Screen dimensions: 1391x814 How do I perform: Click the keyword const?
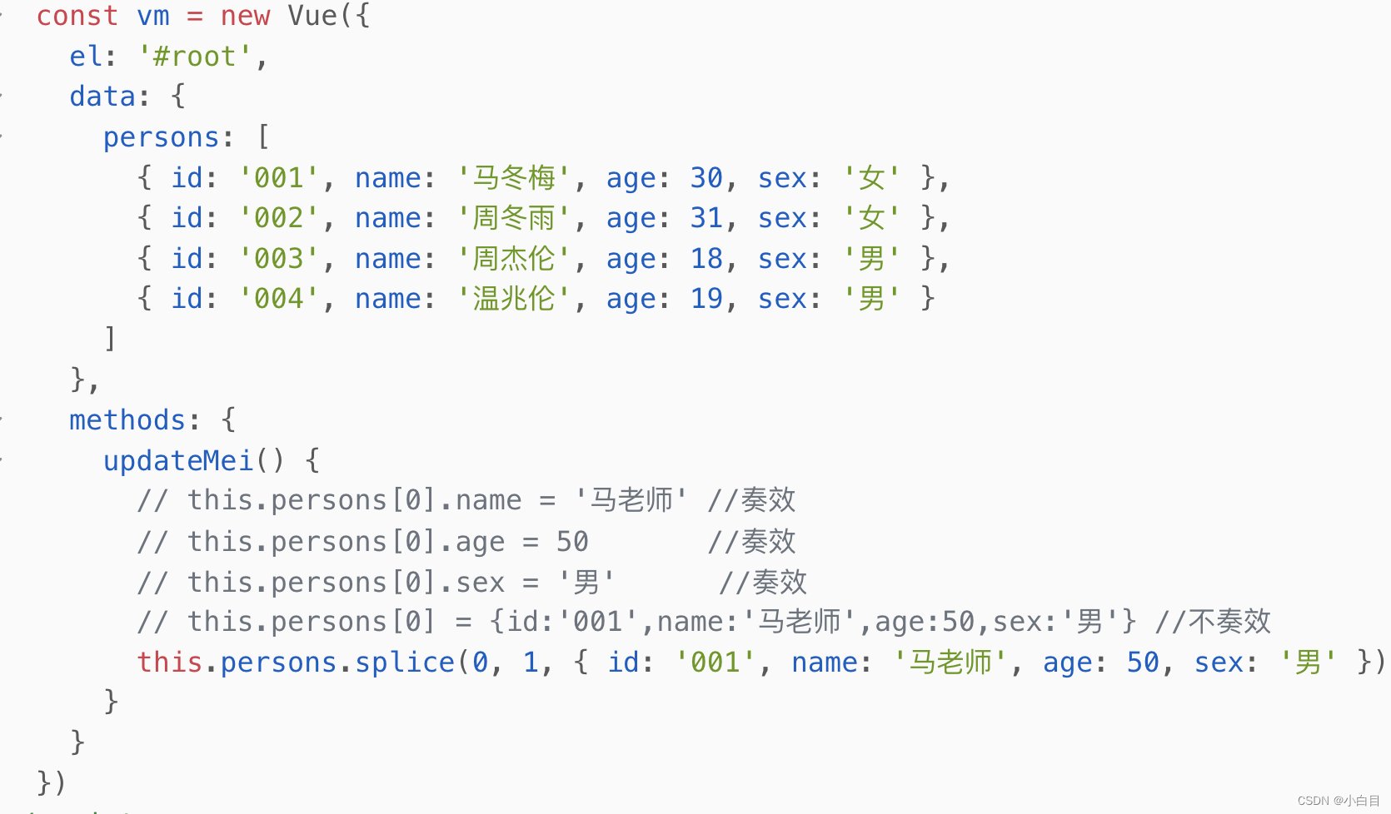point(77,16)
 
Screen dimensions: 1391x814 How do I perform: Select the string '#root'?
point(195,57)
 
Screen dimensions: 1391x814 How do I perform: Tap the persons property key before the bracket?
point(161,137)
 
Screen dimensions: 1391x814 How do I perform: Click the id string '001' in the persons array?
point(279,178)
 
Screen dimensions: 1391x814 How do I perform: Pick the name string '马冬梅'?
point(514,178)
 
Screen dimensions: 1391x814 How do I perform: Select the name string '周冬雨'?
point(514,218)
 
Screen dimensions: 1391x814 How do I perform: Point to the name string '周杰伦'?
point(514,259)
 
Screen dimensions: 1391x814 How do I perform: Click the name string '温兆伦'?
point(514,299)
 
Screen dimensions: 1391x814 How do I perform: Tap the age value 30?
point(706,178)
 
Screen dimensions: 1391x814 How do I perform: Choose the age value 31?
point(706,218)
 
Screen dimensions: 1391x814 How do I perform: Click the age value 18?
point(706,259)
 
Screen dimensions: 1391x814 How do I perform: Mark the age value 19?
point(706,299)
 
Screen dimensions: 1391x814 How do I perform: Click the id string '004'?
point(279,299)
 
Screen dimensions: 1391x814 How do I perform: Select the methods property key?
point(127,420)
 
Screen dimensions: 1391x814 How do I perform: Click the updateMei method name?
point(177,461)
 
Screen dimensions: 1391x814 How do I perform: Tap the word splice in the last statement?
point(405,663)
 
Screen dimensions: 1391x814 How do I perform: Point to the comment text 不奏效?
point(1229,622)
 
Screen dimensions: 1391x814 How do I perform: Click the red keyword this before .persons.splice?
point(170,663)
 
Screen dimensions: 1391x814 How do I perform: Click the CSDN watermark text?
point(1338,801)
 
